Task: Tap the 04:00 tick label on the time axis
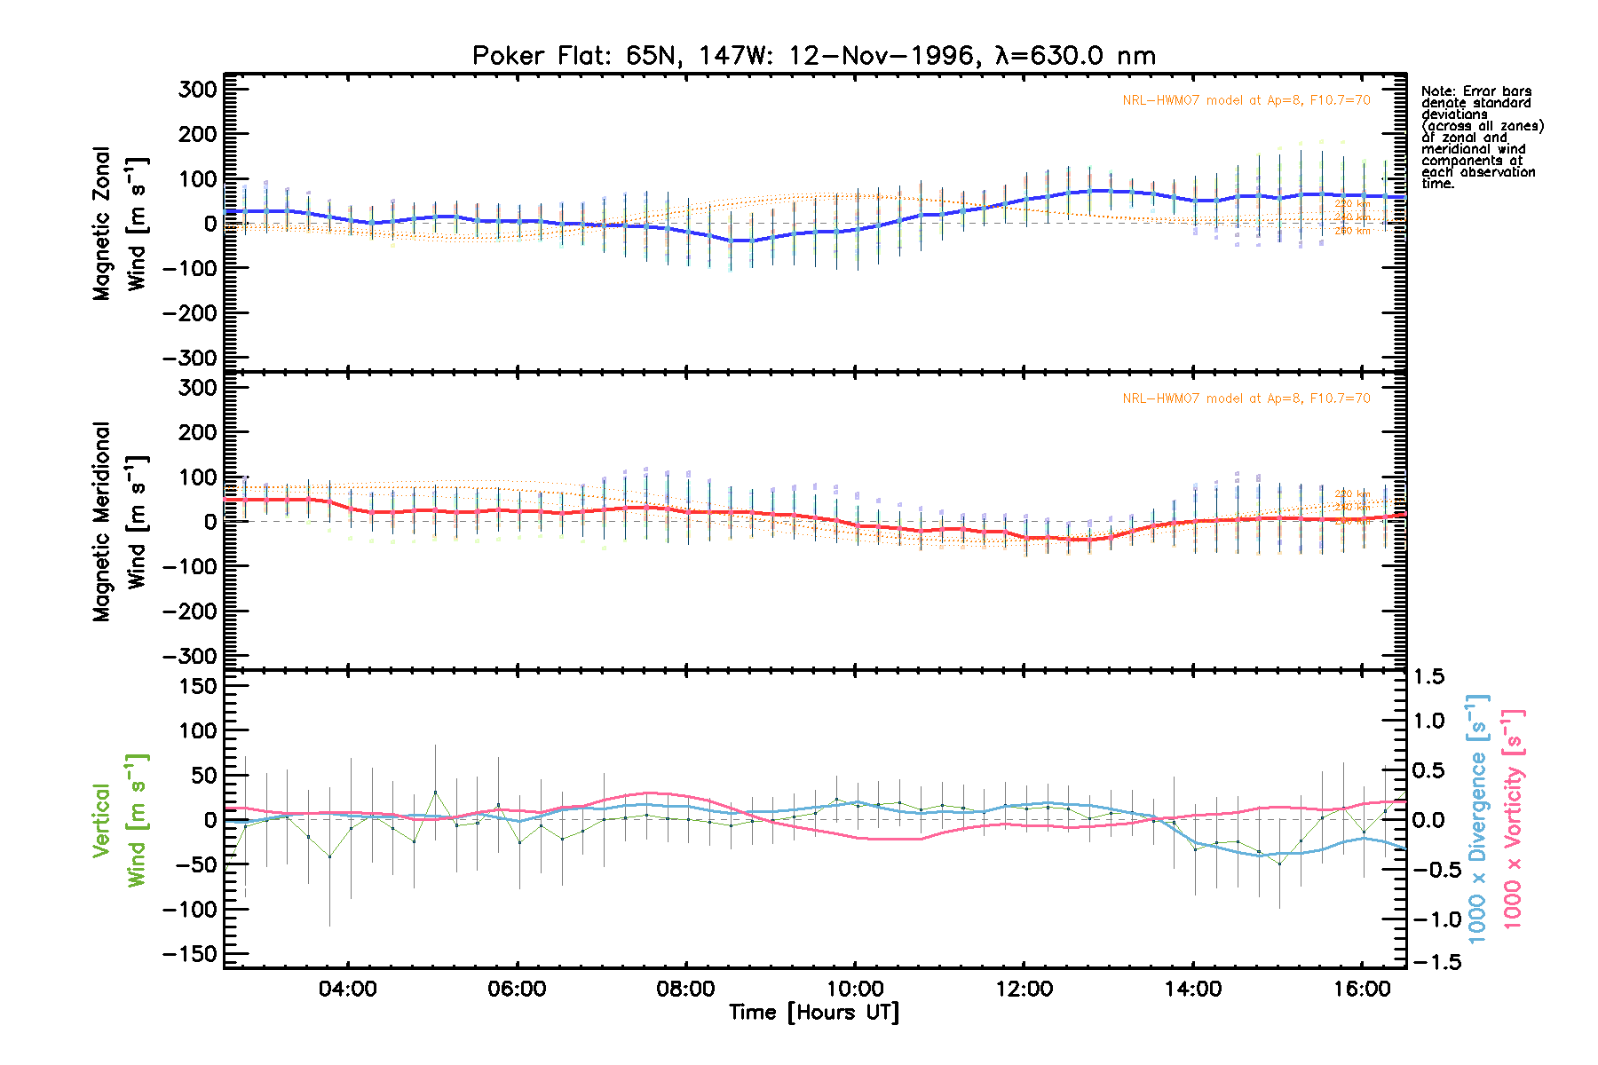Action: (x=348, y=989)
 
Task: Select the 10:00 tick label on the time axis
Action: (x=855, y=989)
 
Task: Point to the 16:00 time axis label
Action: (x=1362, y=989)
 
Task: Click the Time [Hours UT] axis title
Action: (x=814, y=1013)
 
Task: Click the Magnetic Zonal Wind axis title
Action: (x=119, y=224)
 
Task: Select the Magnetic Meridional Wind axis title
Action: (x=119, y=521)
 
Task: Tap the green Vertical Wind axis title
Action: (x=119, y=820)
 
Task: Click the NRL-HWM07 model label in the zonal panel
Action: (x=1246, y=100)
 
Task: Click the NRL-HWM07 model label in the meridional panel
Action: (x=1246, y=398)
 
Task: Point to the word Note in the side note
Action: (x=1436, y=91)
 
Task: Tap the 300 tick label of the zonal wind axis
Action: (x=197, y=90)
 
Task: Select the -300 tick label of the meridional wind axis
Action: (x=190, y=657)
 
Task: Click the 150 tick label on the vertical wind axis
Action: (x=197, y=686)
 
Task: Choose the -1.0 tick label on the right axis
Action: (x=1431, y=919)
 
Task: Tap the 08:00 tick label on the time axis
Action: (x=685, y=989)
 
